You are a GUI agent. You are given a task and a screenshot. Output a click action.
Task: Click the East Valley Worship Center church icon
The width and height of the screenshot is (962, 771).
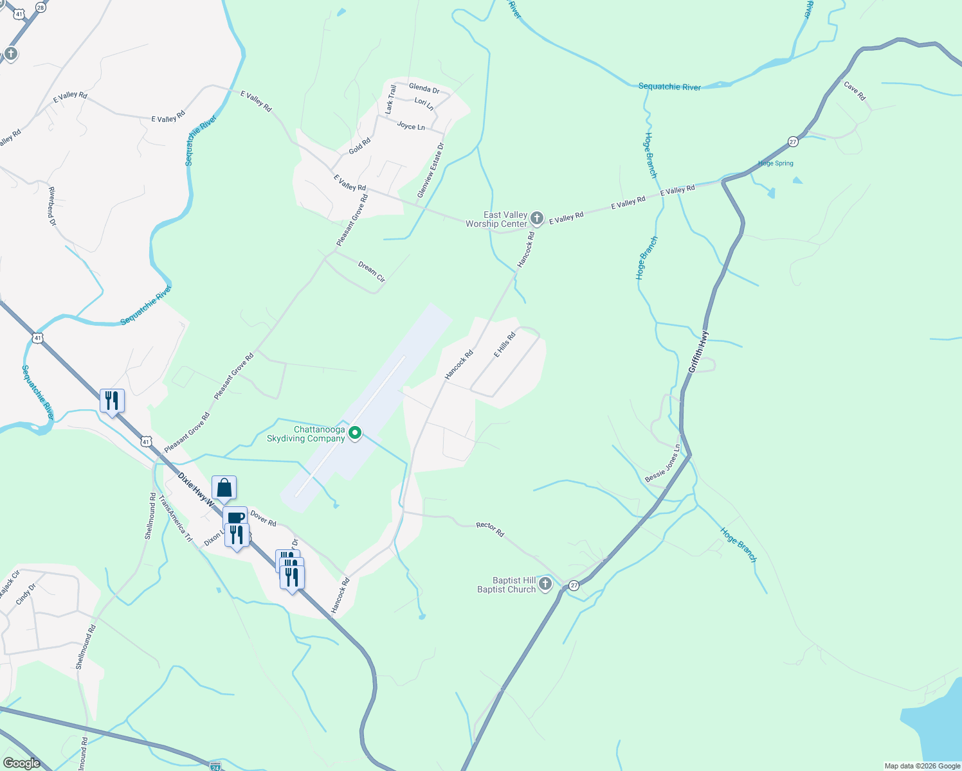point(537,219)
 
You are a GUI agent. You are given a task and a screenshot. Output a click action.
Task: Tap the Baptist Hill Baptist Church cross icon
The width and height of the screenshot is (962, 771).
point(545,584)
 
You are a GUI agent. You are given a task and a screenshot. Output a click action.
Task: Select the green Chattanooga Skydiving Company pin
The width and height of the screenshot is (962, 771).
point(354,434)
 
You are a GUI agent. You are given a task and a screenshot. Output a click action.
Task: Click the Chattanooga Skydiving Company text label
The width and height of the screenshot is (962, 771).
point(306,434)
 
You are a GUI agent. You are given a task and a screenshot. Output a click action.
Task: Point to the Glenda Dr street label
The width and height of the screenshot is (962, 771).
point(424,88)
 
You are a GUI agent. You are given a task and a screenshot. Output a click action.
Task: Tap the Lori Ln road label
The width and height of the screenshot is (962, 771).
point(424,103)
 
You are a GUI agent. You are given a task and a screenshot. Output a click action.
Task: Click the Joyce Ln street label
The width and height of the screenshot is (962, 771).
point(411,126)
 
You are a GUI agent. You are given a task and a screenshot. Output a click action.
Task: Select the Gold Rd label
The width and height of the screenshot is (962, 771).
point(359,146)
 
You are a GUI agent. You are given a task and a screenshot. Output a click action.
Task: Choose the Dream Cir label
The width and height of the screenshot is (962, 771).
point(372,272)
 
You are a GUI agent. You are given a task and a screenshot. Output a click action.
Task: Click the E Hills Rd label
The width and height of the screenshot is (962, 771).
point(505,345)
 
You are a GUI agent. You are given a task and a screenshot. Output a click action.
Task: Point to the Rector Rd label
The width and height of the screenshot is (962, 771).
point(490,529)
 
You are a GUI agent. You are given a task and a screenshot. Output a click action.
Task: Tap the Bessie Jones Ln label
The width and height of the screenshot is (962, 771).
point(662,463)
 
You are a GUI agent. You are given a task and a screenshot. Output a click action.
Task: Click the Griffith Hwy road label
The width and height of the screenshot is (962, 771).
point(697,351)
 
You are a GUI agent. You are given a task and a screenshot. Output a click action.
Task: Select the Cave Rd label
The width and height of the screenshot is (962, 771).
point(855,91)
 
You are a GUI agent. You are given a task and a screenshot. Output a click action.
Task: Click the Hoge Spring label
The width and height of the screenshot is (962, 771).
point(776,163)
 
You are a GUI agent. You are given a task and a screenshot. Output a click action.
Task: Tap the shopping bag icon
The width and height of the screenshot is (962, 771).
point(224,488)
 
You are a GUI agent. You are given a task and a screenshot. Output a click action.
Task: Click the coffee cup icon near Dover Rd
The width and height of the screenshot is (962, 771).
point(235,518)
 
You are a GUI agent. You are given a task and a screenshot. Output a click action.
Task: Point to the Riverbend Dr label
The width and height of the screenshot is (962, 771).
point(52,206)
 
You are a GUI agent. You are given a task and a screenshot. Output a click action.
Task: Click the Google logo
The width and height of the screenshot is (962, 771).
point(21,763)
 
